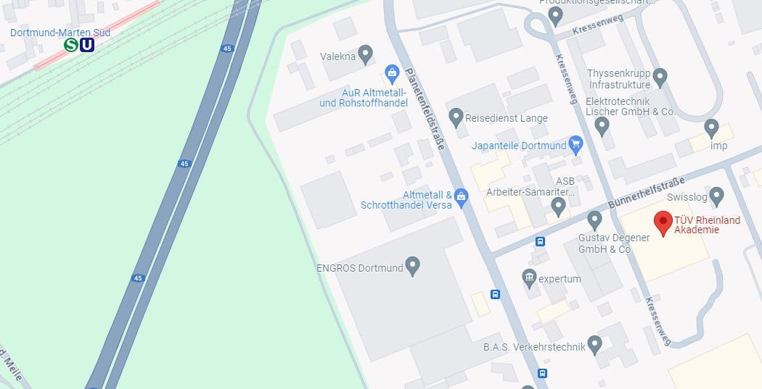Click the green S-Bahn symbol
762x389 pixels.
pos(71,45)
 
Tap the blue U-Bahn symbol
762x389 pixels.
pos(87,45)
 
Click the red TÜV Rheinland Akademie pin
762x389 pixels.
pos(663,223)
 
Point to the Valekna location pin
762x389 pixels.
pos(366,54)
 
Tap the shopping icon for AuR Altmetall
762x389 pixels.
pos(392,73)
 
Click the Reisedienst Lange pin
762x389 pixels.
pos(456,116)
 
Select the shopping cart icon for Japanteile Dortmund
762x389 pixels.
pos(576,143)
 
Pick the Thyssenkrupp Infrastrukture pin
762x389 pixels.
pos(660,76)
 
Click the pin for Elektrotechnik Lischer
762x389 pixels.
pos(602,126)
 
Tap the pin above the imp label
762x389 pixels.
pos(711,128)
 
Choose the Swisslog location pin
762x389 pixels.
pos(716,196)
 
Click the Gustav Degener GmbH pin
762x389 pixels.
pos(595,219)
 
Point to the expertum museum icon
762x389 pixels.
pos(530,277)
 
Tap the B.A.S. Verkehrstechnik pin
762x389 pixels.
pos(595,344)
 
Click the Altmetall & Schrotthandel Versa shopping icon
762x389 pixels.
pos(462,196)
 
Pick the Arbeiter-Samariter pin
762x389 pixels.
pos(558,207)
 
